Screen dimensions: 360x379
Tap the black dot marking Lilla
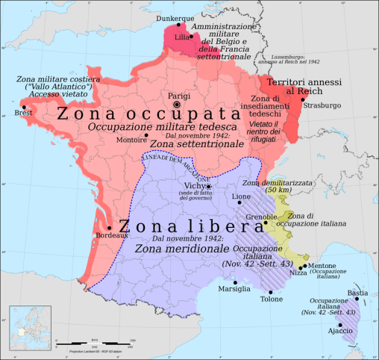pyautogui.click(x=191, y=35)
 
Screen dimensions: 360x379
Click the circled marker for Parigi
pyautogui.click(x=177, y=105)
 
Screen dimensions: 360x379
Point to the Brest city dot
pyautogui.click(x=24, y=107)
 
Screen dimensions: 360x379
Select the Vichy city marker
pyautogui.click(x=209, y=186)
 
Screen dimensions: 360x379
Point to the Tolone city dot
pyautogui.click(x=261, y=288)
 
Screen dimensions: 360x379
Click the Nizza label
pyautogui.click(x=298, y=273)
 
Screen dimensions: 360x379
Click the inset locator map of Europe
pyautogui.click(x=29, y=327)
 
